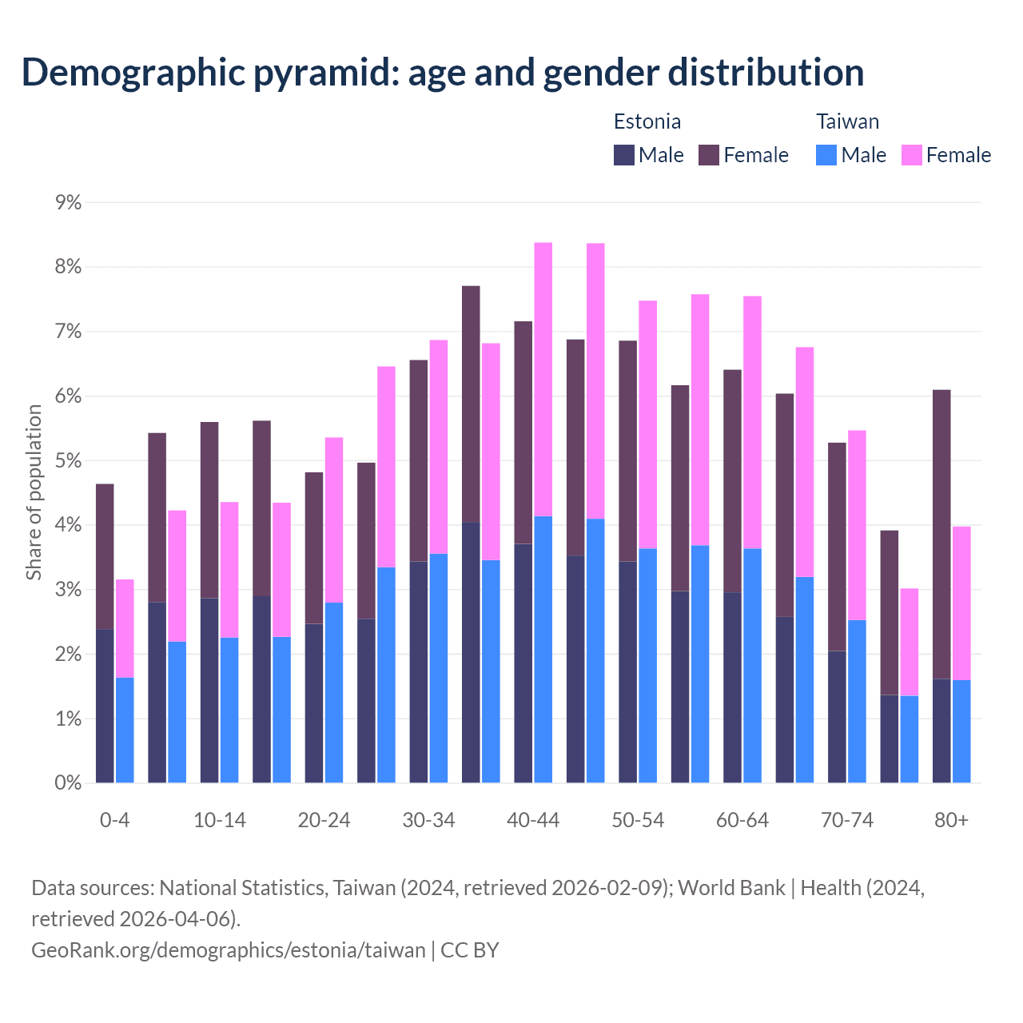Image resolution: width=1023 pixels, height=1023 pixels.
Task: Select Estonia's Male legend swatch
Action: (x=624, y=155)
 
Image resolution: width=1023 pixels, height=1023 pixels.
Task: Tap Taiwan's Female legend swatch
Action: (x=911, y=155)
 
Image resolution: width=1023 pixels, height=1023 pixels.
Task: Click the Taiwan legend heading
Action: (x=847, y=121)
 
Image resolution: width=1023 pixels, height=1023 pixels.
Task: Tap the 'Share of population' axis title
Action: (x=34, y=492)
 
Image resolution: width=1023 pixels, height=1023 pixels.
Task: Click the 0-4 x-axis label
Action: (x=114, y=820)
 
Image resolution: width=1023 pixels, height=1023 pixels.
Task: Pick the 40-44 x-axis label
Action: (x=533, y=820)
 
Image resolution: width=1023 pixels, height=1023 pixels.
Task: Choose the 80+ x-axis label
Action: (x=951, y=820)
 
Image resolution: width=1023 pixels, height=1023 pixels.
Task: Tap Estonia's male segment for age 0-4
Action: (x=105, y=706)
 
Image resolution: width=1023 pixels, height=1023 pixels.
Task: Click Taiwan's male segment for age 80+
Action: (x=961, y=731)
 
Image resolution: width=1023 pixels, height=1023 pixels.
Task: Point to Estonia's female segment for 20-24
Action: (x=314, y=547)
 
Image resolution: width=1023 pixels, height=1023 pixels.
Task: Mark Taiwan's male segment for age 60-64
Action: (x=752, y=665)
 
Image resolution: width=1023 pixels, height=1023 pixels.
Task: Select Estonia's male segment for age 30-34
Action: (x=419, y=671)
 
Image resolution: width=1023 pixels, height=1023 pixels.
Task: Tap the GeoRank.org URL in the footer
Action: (x=229, y=949)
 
